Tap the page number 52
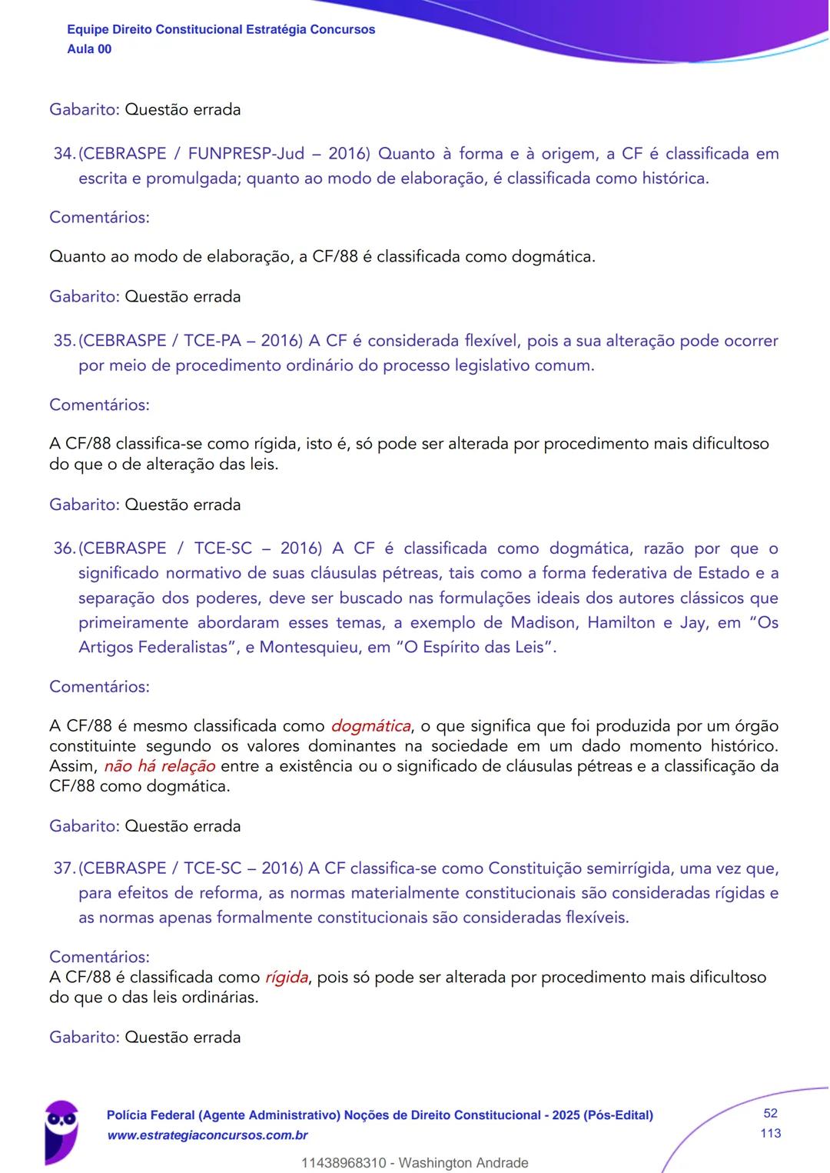(x=770, y=1113)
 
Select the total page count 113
(x=770, y=1133)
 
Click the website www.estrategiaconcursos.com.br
(x=207, y=1135)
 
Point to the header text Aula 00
(x=89, y=49)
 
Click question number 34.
(x=64, y=154)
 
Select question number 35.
(x=64, y=341)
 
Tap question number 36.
(x=64, y=548)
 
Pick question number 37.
(x=64, y=868)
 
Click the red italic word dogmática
(x=370, y=726)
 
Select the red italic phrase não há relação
(x=159, y=766)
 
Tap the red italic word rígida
(x=286, y=978)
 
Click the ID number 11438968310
(x=344, y=1163)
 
